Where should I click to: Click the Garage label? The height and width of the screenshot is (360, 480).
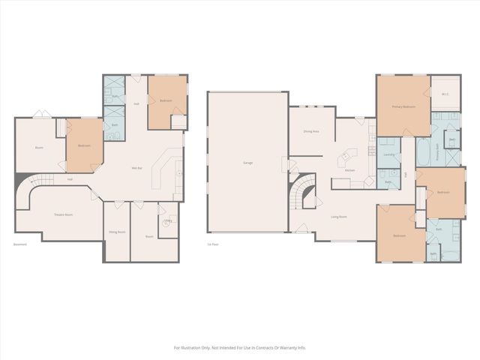coord(247,163)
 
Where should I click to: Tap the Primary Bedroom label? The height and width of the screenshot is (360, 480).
coord(403,107)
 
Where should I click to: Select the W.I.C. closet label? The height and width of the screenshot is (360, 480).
coord(445,93)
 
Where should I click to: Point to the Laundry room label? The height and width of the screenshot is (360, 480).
coord(388,154)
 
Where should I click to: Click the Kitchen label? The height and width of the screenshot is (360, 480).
coord(349,170)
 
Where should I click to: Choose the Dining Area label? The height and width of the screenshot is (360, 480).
coord(311,131)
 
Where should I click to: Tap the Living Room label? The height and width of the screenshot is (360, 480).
coord(338,217)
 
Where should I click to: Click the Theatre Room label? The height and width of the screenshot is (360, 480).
coord(63,214)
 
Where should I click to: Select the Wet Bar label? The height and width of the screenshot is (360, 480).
coord(137,167)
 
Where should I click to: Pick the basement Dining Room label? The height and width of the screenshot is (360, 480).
coord(116,232)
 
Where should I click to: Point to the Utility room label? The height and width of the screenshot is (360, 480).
coord(168,220)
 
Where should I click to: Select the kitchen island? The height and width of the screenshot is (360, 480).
coord(347,159)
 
